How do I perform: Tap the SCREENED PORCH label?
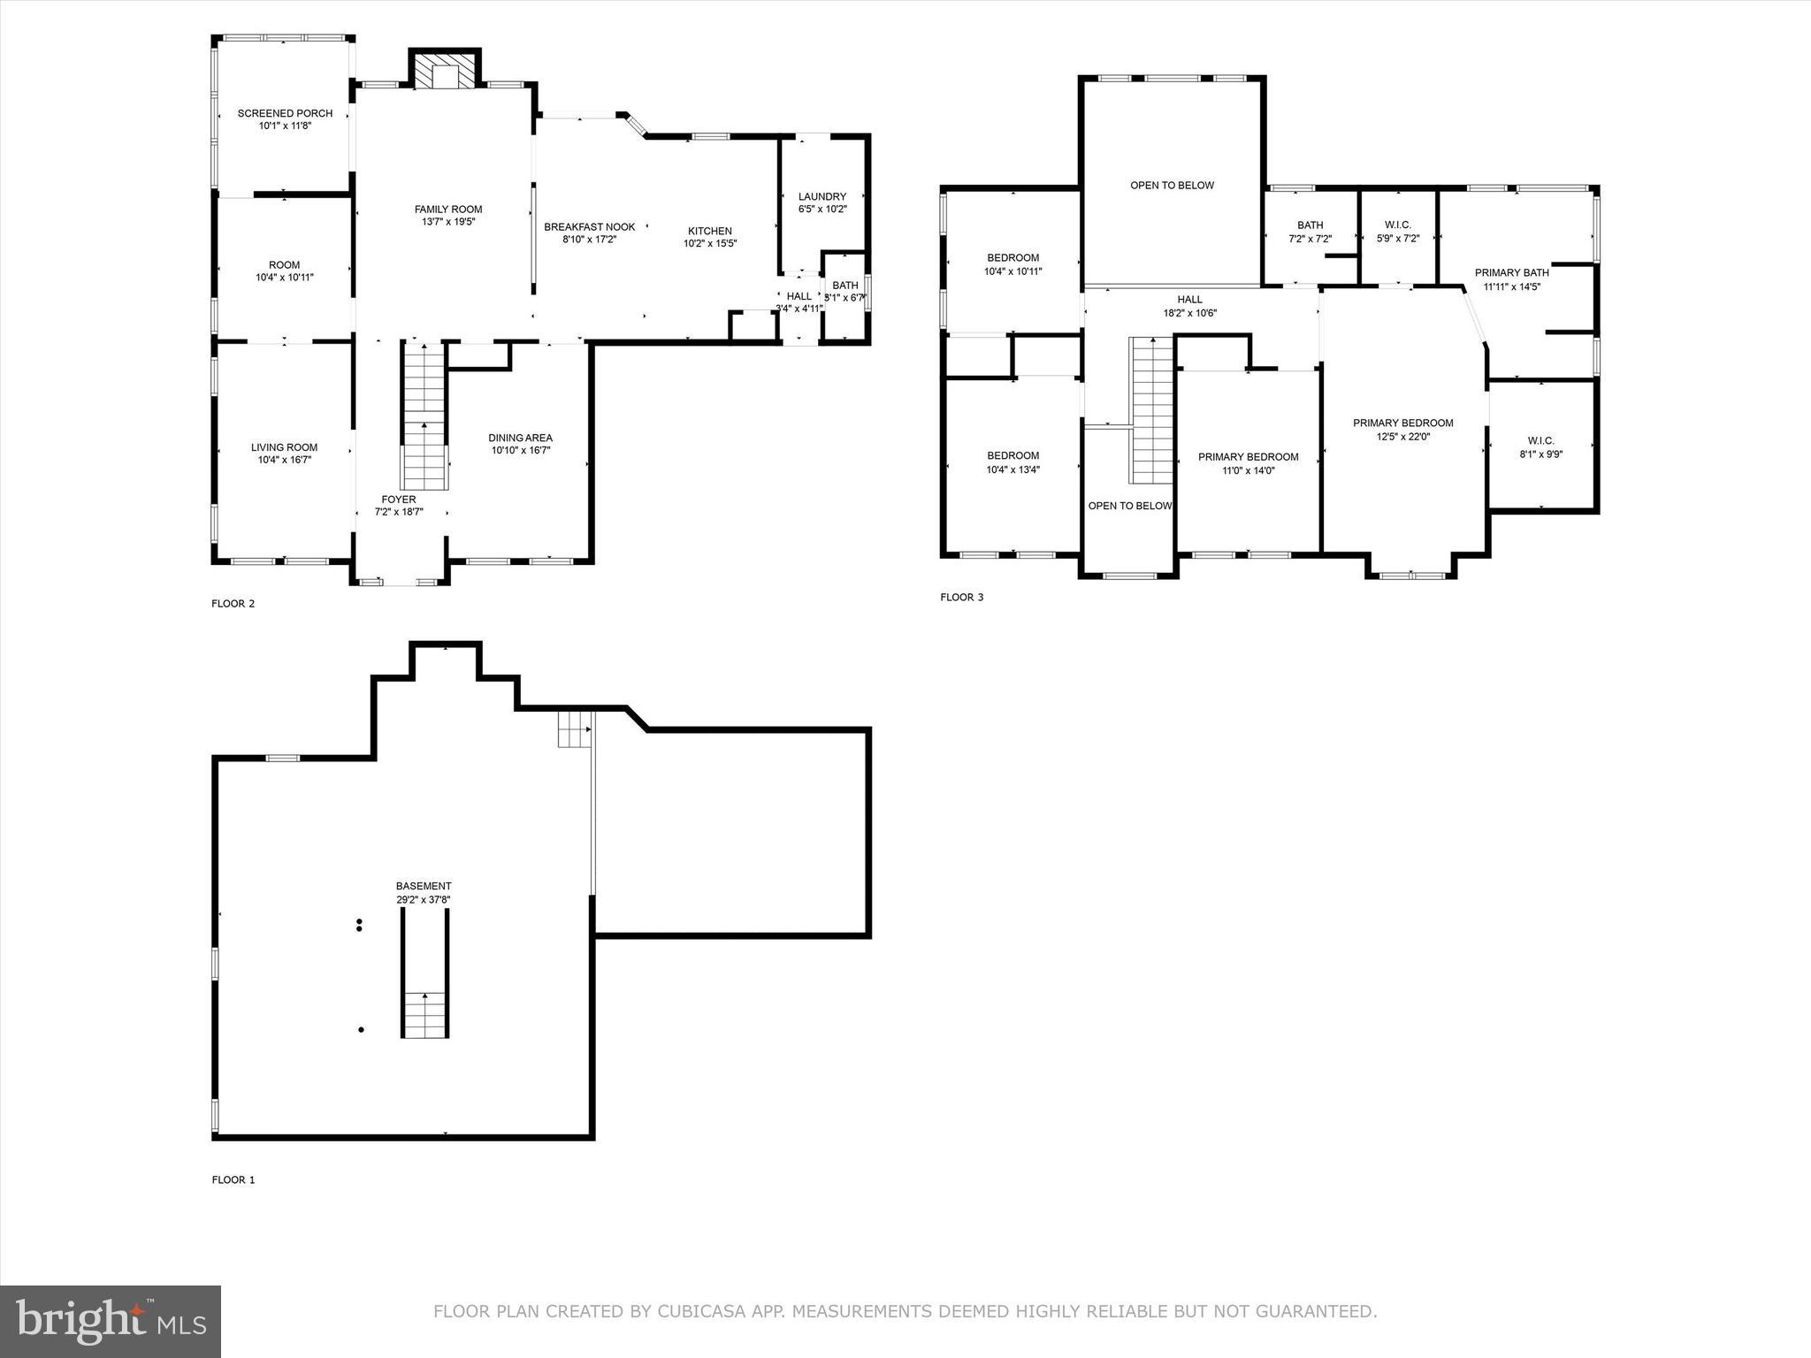tap(285, 113)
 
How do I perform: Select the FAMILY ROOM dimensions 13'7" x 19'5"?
tap(448, 222)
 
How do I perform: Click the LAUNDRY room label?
tap(821, 196)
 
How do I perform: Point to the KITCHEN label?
tap(709, 231)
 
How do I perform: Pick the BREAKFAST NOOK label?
tap(589, 227)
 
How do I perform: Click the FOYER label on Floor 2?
tap(399, 500)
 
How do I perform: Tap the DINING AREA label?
tap(520, 438)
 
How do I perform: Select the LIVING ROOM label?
tap(284, 447)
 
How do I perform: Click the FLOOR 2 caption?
tap(233, 604)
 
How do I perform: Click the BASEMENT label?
tap(424, 886)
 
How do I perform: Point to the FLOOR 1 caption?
tap(233, 1179)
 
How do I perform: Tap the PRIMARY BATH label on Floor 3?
tap(1511, 273)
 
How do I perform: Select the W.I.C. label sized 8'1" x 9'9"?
tap(1540, 441)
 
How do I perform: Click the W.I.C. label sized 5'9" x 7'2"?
tap(1398, 225)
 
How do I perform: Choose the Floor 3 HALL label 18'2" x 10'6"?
tap(1189, 300)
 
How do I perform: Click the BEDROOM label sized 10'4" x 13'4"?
tap(1012, 456)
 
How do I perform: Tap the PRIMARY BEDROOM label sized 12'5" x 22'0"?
tap(1402, 423)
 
